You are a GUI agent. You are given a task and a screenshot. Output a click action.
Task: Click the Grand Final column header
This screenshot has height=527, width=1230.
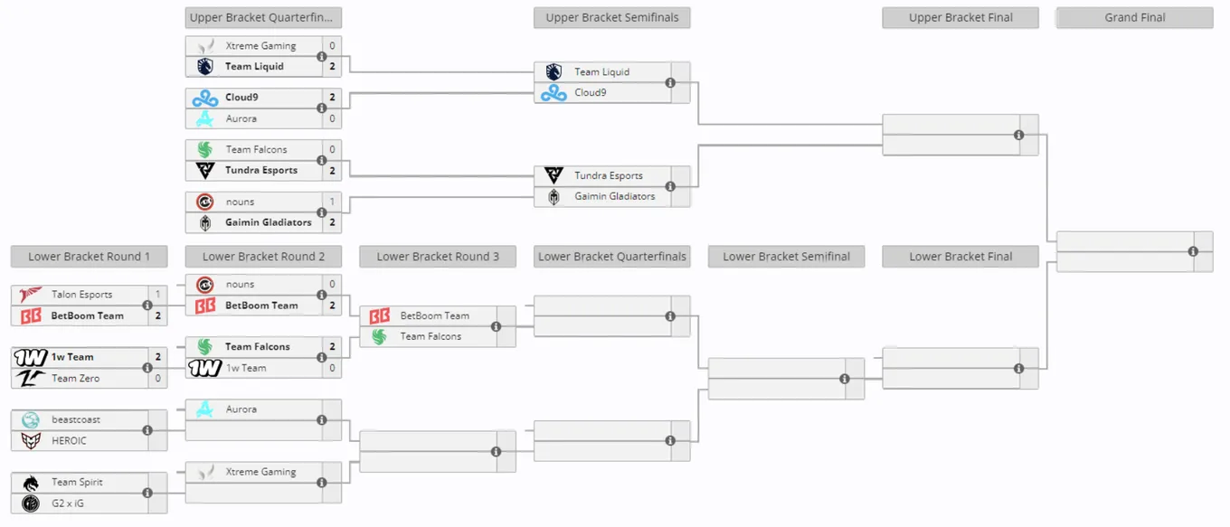1134,17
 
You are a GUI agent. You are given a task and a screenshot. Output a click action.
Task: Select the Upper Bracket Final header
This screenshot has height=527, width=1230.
960,17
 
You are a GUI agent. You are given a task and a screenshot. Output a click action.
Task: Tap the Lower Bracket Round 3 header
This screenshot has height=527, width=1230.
438,257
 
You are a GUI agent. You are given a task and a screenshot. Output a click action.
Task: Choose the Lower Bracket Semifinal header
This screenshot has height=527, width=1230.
786,257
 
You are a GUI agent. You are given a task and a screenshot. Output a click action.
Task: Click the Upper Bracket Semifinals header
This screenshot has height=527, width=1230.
611,17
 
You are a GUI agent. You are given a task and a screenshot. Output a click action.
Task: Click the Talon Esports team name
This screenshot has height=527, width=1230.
81,295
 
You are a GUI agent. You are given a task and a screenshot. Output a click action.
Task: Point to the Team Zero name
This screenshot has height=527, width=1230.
75,378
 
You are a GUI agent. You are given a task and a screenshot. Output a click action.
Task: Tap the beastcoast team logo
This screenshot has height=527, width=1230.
31,420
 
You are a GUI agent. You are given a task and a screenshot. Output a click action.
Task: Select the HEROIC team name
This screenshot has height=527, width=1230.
69,441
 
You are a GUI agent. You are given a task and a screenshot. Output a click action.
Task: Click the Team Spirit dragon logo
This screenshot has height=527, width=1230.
31,483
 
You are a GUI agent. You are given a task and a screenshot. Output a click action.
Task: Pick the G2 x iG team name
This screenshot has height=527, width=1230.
68,503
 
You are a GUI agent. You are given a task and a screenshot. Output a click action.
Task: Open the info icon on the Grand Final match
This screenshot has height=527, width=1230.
1193,251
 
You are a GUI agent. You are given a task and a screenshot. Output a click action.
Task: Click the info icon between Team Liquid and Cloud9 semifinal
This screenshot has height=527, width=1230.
670,83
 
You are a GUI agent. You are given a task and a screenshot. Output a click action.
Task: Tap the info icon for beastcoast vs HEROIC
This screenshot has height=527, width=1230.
147,430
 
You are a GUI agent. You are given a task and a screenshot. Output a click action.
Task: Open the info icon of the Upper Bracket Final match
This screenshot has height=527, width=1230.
1018,135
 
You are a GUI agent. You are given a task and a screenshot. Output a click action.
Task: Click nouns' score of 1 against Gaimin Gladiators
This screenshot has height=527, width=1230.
332,202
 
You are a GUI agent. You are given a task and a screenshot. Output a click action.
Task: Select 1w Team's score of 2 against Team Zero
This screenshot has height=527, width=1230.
157,357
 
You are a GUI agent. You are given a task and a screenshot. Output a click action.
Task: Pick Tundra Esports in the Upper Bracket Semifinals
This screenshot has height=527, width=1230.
609,175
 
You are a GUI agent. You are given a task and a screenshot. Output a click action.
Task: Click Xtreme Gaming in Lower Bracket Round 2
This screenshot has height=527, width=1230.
260,472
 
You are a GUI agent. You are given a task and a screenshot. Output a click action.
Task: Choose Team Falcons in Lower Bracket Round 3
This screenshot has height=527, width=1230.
430,336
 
